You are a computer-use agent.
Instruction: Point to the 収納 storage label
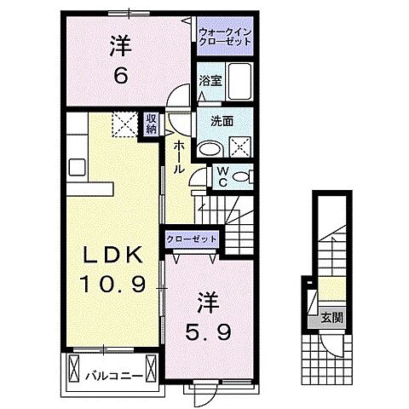click(152, 125)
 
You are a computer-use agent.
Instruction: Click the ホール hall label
click(180, 158)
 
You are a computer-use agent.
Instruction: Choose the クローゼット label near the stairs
click(191, 239)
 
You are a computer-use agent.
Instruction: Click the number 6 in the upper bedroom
click(121, 76)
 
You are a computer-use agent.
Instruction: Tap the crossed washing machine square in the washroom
click(242, 147)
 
